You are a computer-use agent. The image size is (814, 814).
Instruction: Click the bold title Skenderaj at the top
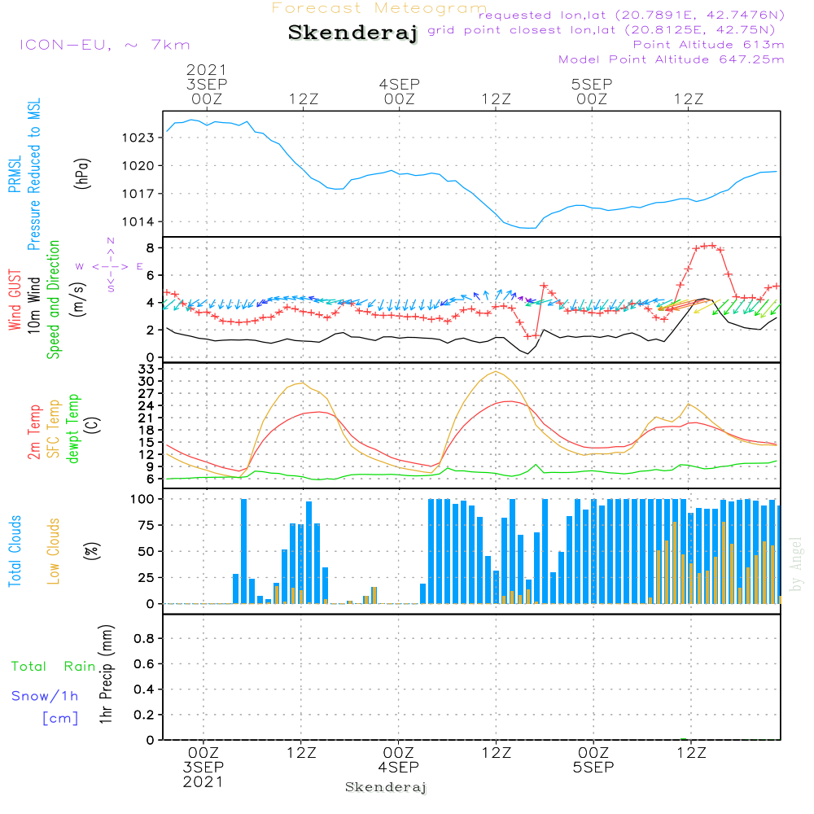click(352, 33)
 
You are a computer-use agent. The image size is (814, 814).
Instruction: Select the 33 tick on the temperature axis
click(145, 369)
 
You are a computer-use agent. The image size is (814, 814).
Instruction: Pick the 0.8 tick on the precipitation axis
click(142, 638)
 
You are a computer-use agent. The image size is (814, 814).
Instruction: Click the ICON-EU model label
click(103, 45)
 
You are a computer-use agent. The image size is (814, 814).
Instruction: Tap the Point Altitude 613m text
click(708, 45)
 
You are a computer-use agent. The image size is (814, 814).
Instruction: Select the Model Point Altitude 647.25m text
click(672, 59)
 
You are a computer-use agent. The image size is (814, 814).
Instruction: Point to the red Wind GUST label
click(15, 300)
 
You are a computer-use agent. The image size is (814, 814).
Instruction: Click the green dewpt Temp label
click(74, 429)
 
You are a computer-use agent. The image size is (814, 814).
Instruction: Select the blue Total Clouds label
click(15, 551)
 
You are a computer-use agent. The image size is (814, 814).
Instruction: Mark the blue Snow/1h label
click(45, 697)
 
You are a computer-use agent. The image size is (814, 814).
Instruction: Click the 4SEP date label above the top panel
click(399, 84)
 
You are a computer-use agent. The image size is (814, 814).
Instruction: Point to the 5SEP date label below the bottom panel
click(593, 768)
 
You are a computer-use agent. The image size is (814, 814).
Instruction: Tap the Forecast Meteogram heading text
click(379, 8)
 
